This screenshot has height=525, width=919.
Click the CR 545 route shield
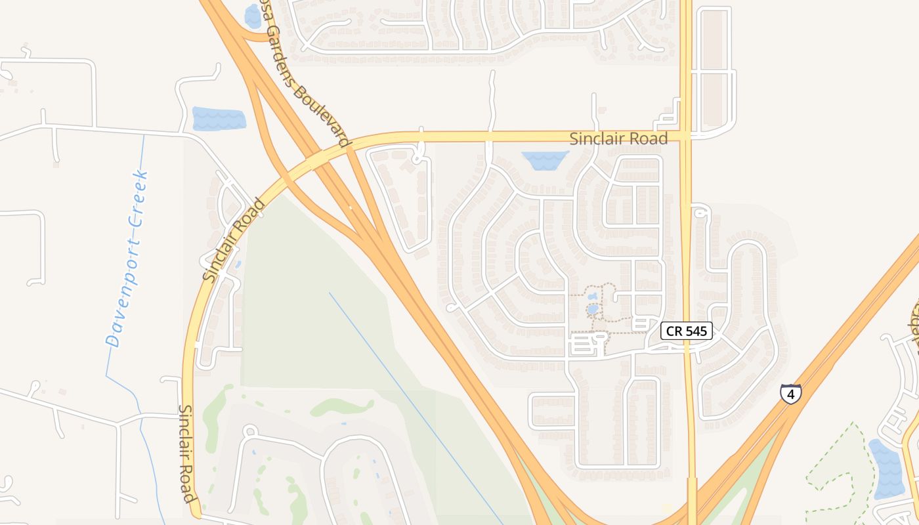click(x=686, y=331)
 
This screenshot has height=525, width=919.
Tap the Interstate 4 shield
click(x=790, y=394)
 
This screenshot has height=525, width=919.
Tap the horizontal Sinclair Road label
click(x=618, y=138)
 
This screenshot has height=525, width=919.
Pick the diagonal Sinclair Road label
click(x=234, y=240)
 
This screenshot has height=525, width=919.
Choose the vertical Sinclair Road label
click(x=188, y=453)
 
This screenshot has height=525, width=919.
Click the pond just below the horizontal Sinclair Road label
click(x=545, y=160)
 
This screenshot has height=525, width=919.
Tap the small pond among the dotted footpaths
click(x=593, y=308)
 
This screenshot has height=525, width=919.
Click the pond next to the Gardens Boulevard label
click(x=253, y=16)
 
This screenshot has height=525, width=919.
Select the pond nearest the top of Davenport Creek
click(x=219, y=119)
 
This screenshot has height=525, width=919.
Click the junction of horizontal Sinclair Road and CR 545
click(x=686, y=136)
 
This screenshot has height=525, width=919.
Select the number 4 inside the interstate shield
click(x=790, y=394)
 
